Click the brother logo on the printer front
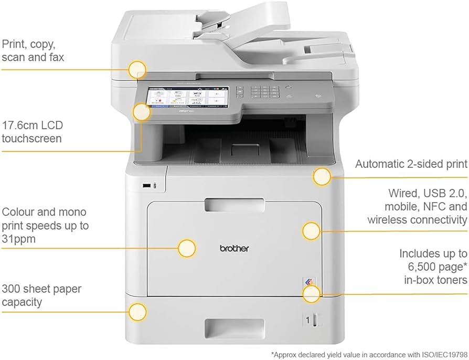coord(234,248)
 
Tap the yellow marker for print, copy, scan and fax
coord(137,69)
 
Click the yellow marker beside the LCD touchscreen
coord(141,112)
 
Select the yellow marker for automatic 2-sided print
coord(322,177)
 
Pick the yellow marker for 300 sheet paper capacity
coord(138,312)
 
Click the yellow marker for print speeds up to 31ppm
coord(187,248)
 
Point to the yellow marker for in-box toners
coord(311,293)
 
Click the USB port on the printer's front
coord(147,185)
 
